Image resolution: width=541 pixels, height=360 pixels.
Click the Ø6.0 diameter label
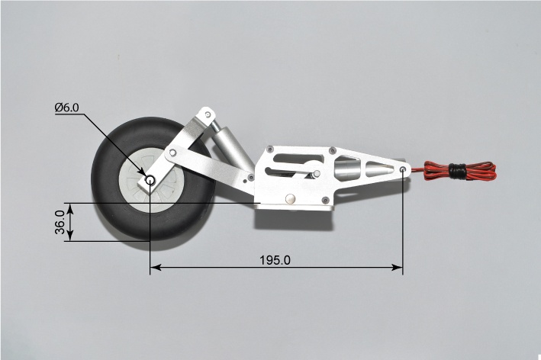pyautogui.click(x=66, y=108)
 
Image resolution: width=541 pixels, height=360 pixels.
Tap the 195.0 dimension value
pyautogui.click(x=275, y=260)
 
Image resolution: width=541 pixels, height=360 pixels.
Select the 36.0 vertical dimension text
pyautogui.click(x=60, y=222)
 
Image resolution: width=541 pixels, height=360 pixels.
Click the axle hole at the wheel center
pyautogui.click(x=150, y=180)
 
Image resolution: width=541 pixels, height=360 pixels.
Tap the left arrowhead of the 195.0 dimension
pyautogui.click(x=156, y=267)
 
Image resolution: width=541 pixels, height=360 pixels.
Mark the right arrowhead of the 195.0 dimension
pyautogui.click(x=397, y=267)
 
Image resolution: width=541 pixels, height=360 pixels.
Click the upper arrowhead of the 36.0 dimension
pyautogui.click(x=70, y=208)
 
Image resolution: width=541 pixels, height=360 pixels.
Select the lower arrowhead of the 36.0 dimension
pyautogui.click(x=70, y=236)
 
